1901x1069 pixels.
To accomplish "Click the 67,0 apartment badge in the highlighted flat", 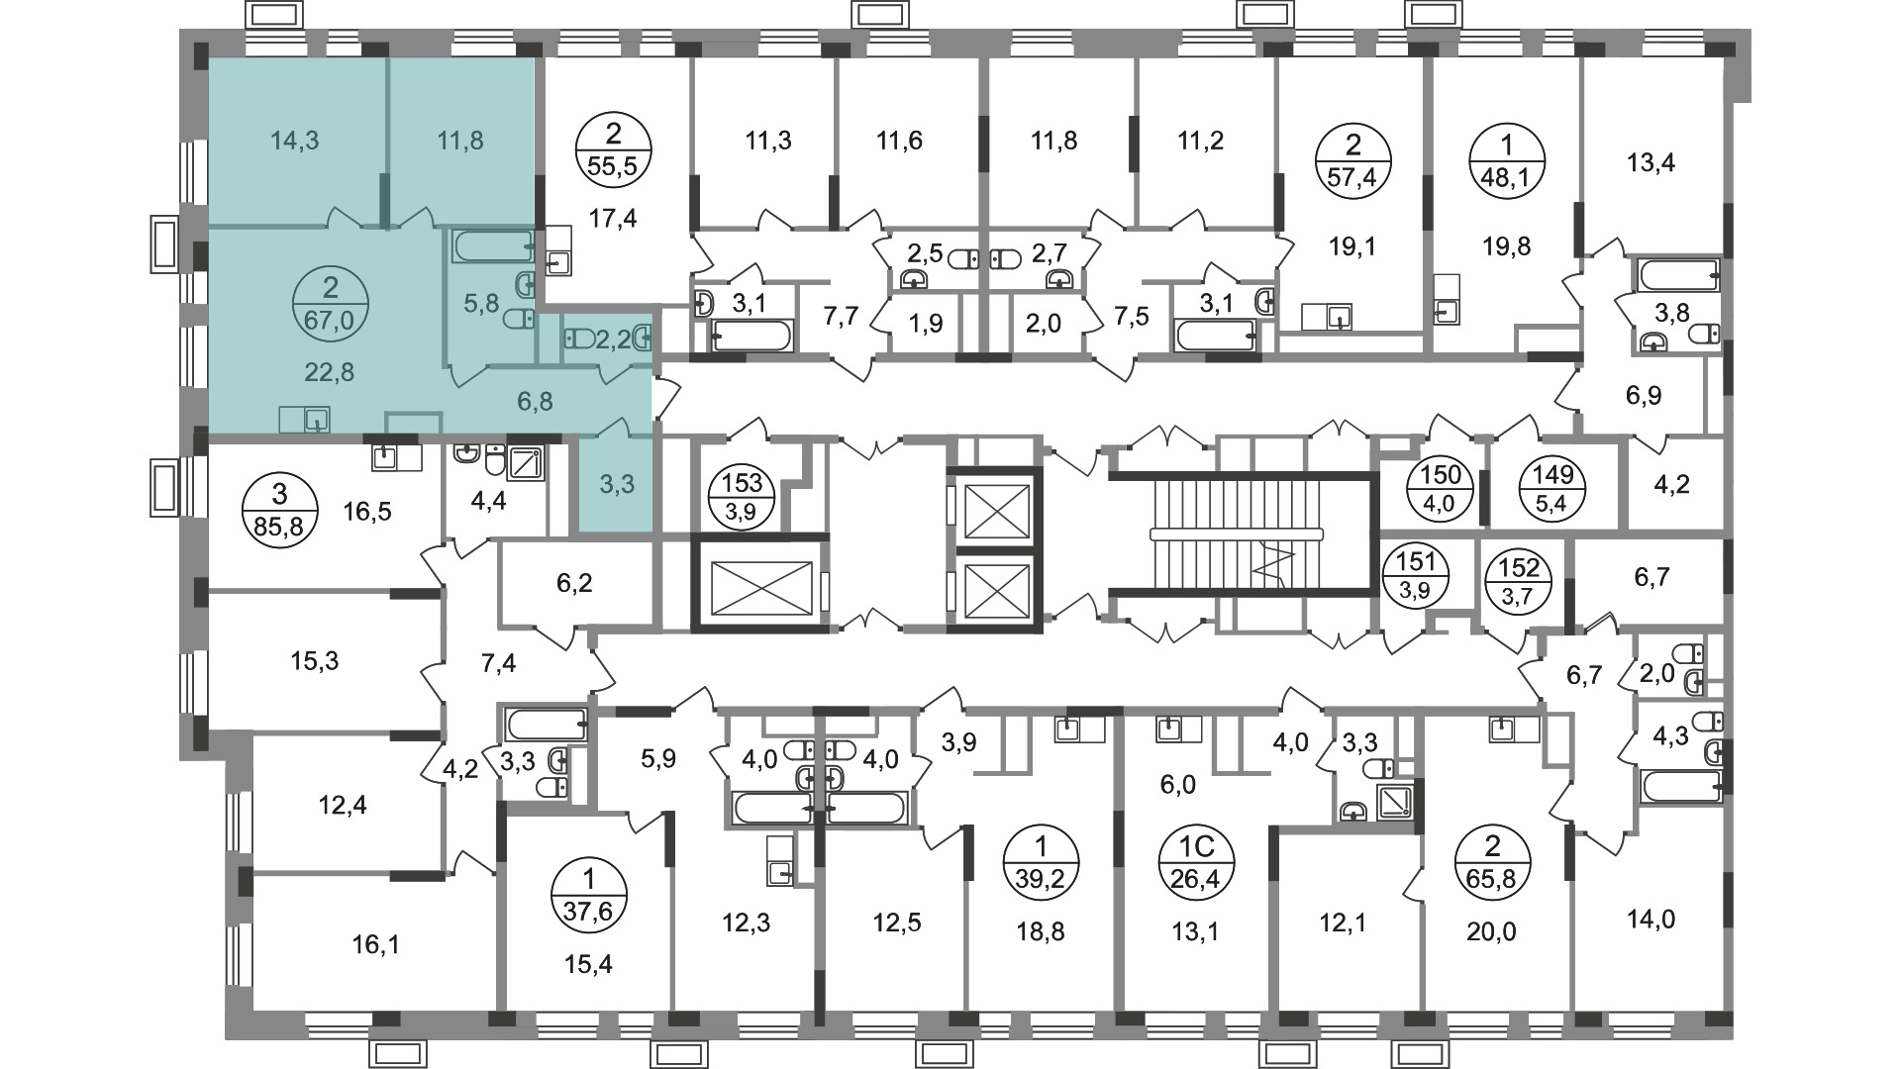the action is (x=331, y=304).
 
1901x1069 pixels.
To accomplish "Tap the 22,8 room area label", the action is (x=330, y=372).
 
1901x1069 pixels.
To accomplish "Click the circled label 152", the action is (x=1519, y=581).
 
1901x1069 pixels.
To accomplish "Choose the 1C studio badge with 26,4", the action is (x=1195, y=862).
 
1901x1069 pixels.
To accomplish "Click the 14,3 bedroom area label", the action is (x=295, y=141).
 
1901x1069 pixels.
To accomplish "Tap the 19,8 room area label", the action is (x=1507, y=246).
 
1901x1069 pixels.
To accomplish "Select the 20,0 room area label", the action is (x=1492, y=931).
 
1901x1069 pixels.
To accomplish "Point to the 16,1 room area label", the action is (x=376, y=945).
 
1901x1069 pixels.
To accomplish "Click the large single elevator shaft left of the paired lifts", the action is (x=760, y=583).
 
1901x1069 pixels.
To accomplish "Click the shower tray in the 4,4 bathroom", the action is (x=525, y=462).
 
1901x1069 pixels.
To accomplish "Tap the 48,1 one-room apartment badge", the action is (x=1507, y=163).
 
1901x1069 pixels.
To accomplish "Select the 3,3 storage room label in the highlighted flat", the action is (x=616, y=485).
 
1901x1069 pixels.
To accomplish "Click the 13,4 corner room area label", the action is (x=1651, y=161).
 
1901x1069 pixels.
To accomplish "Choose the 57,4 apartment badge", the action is (x=1353, y=163).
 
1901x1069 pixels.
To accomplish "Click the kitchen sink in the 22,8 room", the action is (x=305, y=420).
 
